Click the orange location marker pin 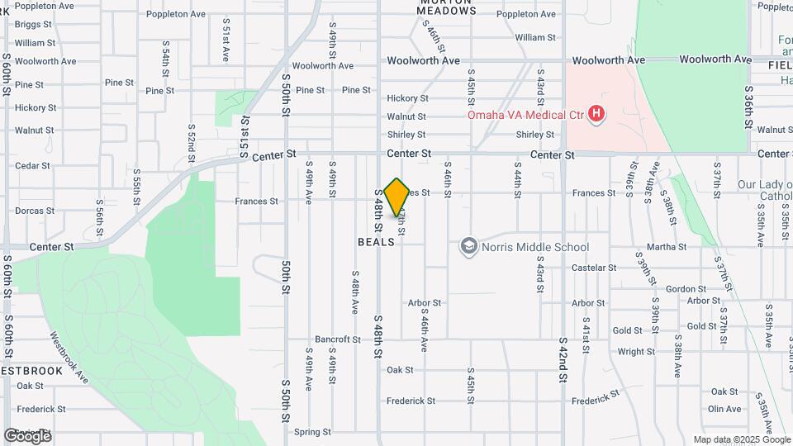coord(396,197)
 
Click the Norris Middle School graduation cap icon coord(469,246)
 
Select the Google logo coord(27,435)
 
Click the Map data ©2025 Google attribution coord(742,439)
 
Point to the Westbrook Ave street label coord(69,358)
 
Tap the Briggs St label coord(33,25)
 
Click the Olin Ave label coord(724,408)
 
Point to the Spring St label coord(312,431)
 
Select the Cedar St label coord(33,165)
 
